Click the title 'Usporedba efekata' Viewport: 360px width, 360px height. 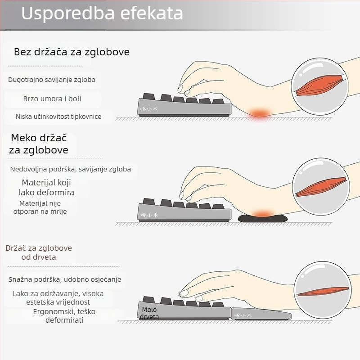click(102, 13)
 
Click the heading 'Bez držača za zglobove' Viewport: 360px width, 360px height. click(72, 52)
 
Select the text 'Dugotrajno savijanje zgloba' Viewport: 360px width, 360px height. click(52, 80)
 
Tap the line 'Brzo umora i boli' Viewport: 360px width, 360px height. click(52, 99)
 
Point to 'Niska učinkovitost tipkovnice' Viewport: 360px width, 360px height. click(58, 117)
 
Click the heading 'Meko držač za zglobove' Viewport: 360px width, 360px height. click(39, 144)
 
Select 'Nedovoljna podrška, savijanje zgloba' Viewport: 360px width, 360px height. click(71, 169)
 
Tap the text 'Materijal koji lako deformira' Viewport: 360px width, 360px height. click(46, 187)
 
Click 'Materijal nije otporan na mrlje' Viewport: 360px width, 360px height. click(40, 207)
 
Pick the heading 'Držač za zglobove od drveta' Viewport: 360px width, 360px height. click(39, 252)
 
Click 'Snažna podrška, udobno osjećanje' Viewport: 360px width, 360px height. click(65, 279)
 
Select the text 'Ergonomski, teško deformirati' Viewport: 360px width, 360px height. click(64, 316)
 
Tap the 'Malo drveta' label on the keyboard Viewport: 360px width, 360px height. click(149, 313)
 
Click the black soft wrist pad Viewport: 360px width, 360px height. click(262, 218)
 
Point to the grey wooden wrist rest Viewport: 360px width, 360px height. click(261, 314)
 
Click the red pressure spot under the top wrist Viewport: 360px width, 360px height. click(260, 113)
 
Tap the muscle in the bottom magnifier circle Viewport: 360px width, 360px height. click(323, 291)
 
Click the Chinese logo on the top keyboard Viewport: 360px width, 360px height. click(149, 109)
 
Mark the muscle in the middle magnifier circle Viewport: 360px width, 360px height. click(321, 187)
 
